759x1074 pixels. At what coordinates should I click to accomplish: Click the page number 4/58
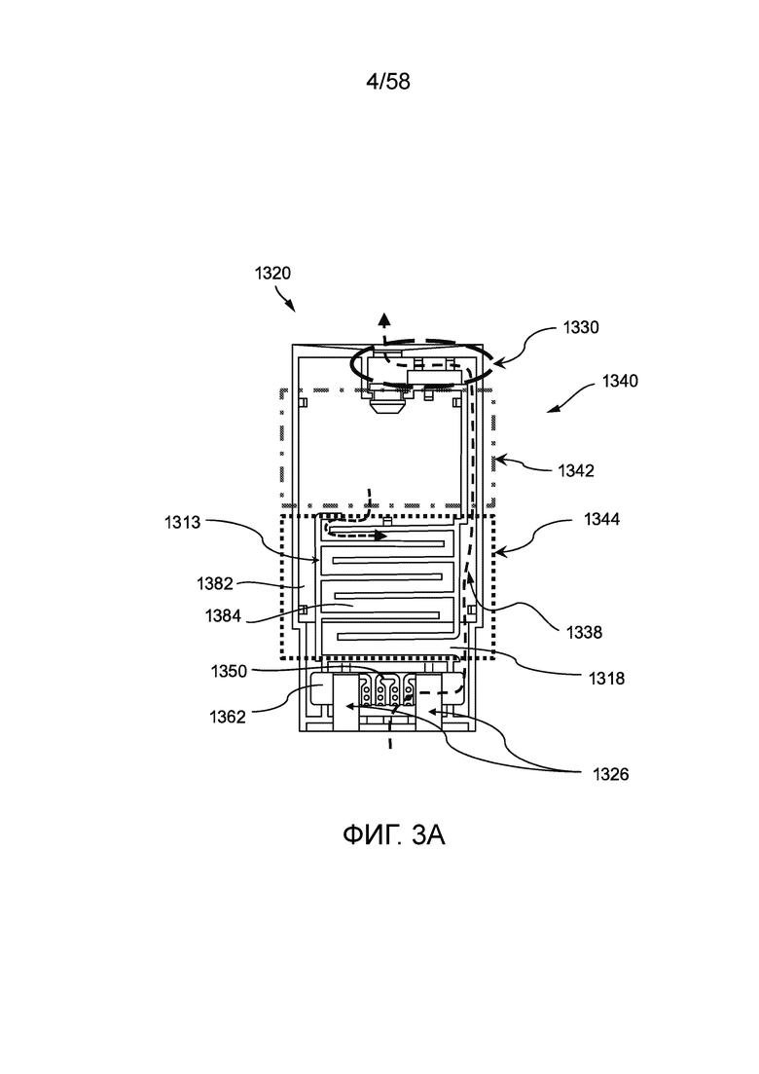(388, 82)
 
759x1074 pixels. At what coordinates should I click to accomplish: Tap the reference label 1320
(272, 274)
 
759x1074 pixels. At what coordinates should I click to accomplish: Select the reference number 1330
(580, 327)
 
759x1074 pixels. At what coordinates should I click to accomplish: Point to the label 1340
(620, 381)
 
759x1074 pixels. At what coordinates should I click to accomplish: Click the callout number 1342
(576, 470)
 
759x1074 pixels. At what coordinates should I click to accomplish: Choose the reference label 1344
(602, 519)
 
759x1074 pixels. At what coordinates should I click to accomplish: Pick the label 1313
(182, 523)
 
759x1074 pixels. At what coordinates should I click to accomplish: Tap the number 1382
(215, 583)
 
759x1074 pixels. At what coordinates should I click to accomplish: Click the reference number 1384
(223, 615)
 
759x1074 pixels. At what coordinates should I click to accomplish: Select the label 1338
(585, 632)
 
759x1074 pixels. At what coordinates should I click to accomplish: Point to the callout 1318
(607, 678)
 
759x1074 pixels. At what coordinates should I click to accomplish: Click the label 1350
(229, 671)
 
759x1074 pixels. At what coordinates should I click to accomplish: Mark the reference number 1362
(228, 718)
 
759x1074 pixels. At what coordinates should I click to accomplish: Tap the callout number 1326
(610, 775)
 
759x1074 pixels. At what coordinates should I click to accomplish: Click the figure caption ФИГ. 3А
(393, 835)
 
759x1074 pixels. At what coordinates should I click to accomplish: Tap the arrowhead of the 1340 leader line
(553, 409)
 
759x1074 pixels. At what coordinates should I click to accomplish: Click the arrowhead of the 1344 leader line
(499, 551)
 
